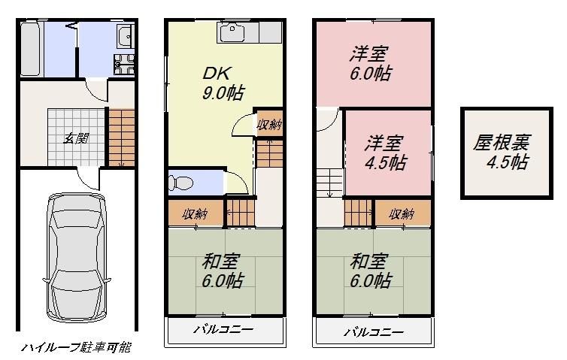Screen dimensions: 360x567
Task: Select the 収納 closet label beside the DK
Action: pos(268,125)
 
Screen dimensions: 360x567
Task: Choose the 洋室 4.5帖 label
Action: pos(386,151)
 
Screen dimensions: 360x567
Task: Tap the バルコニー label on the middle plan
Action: pos(223,331)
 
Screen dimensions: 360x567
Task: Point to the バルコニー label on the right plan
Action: pos(374,331)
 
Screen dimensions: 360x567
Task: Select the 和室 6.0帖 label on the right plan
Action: pos(371,271)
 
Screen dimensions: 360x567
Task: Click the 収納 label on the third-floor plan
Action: pos(402,214)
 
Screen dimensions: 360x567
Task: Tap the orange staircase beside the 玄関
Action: pos(122,137)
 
